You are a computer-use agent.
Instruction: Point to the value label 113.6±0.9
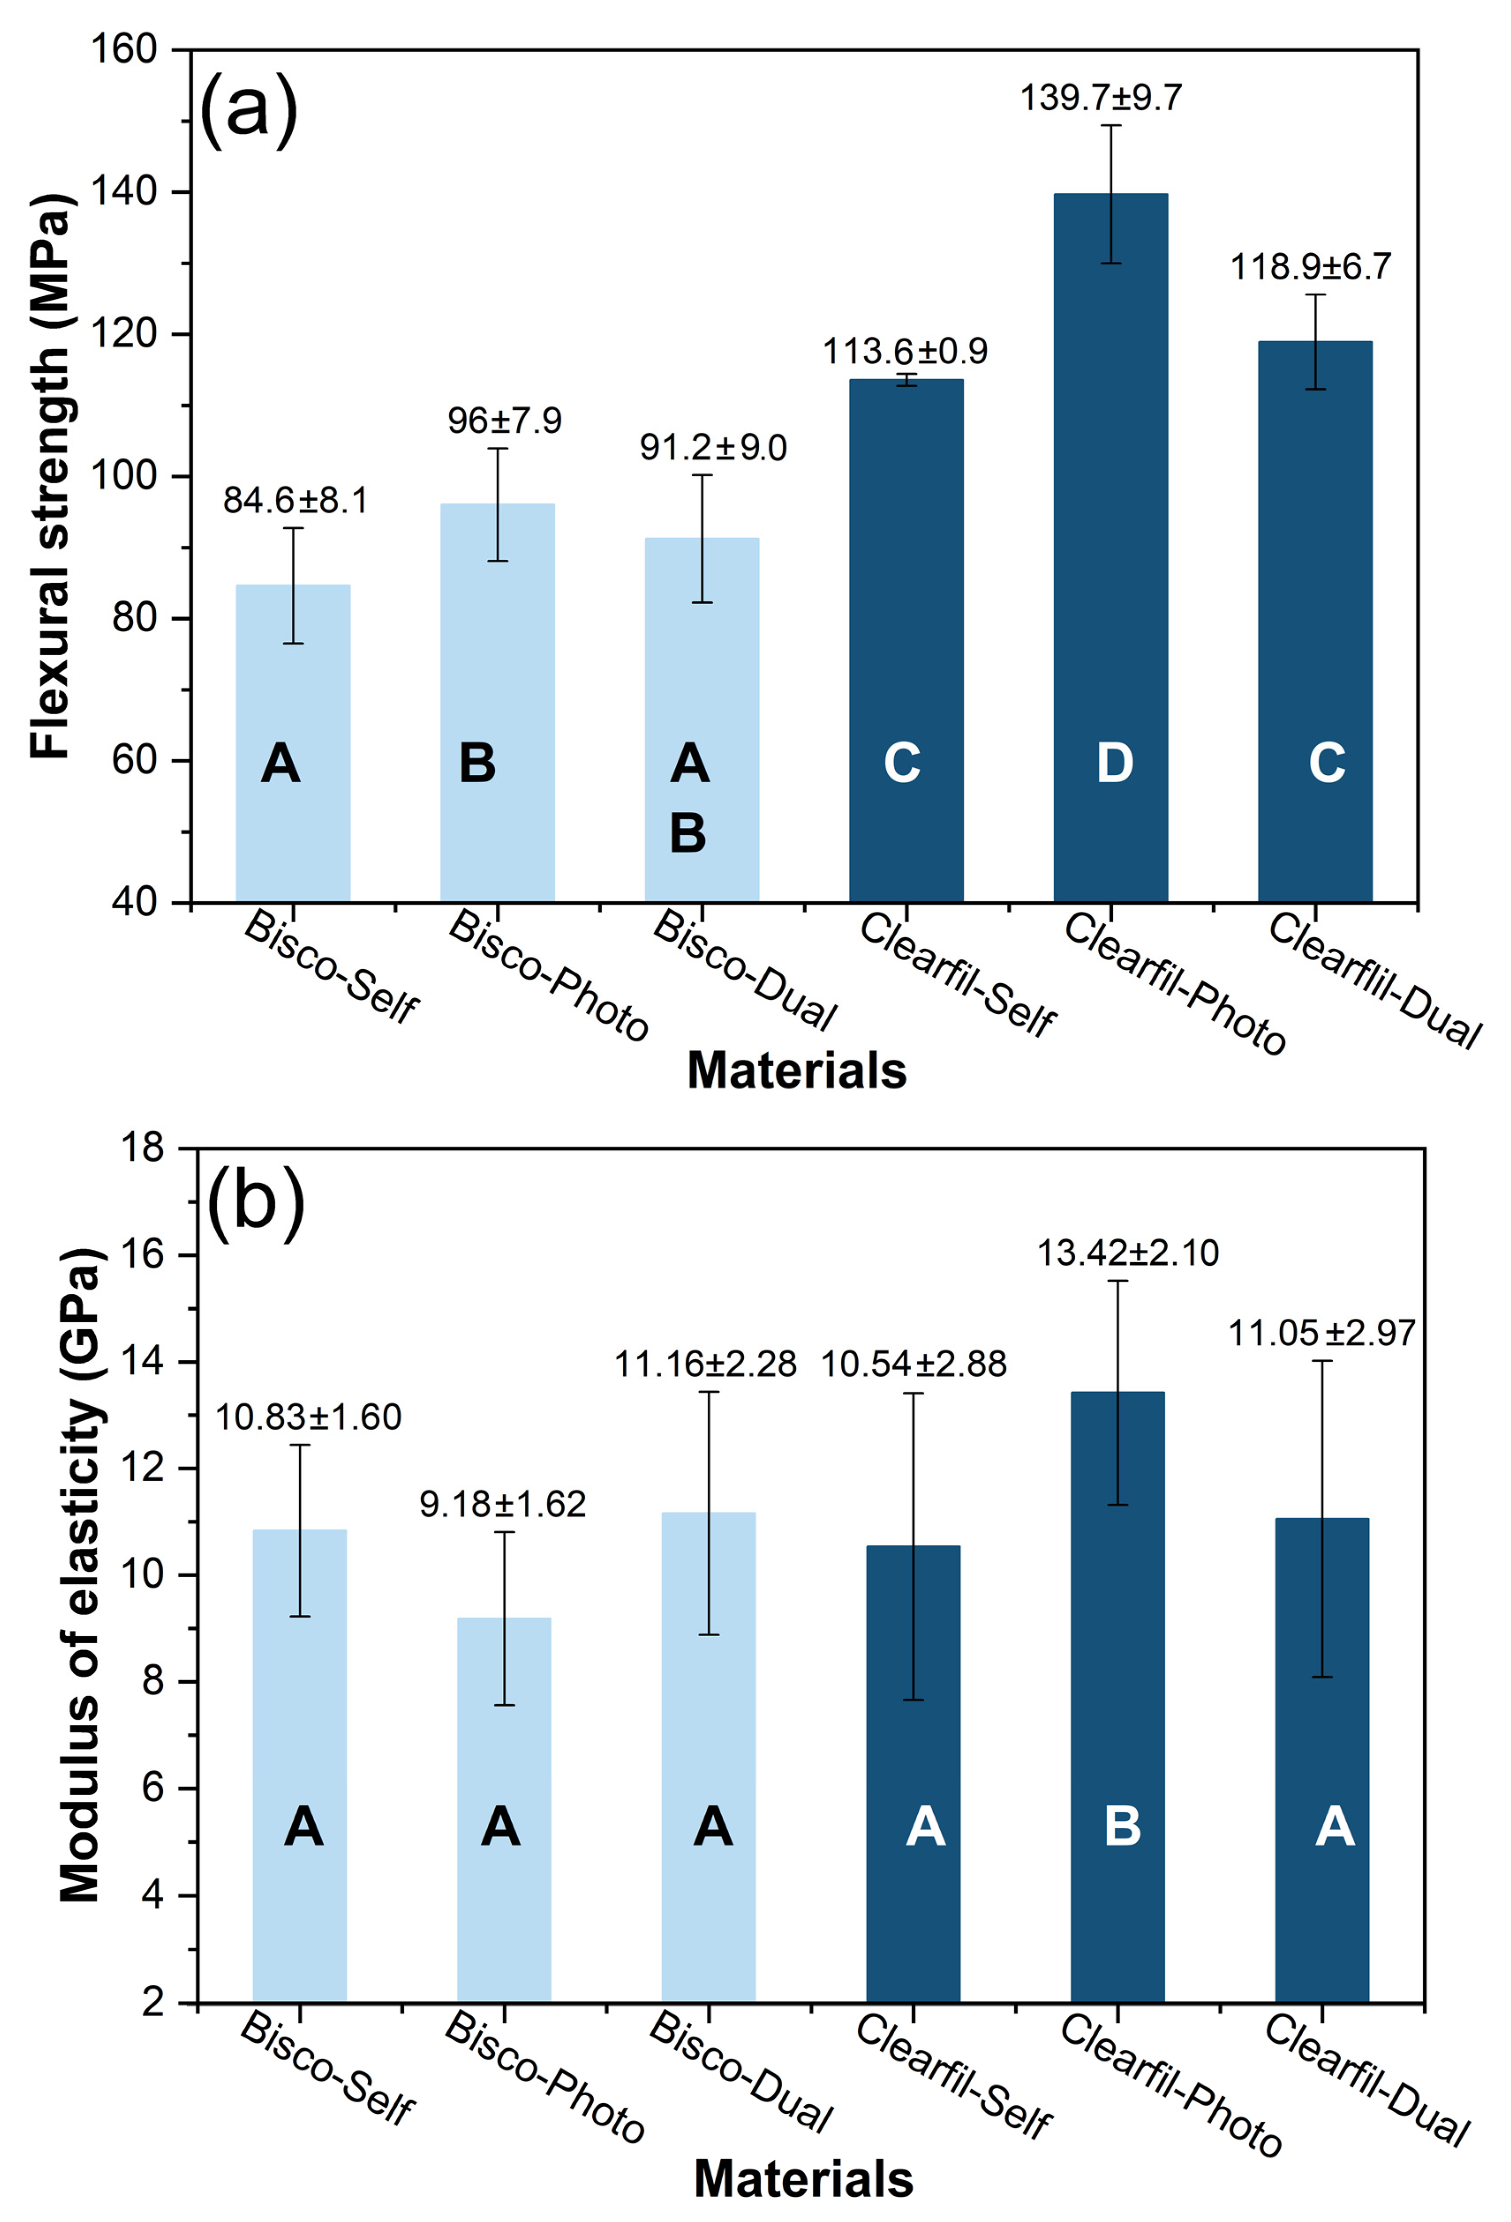pos(905,352)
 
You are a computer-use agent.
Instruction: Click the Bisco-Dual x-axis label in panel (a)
pos(743,970)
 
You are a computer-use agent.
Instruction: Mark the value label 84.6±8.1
pos(295,500)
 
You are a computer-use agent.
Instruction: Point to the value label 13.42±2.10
pos(1128,1252)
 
